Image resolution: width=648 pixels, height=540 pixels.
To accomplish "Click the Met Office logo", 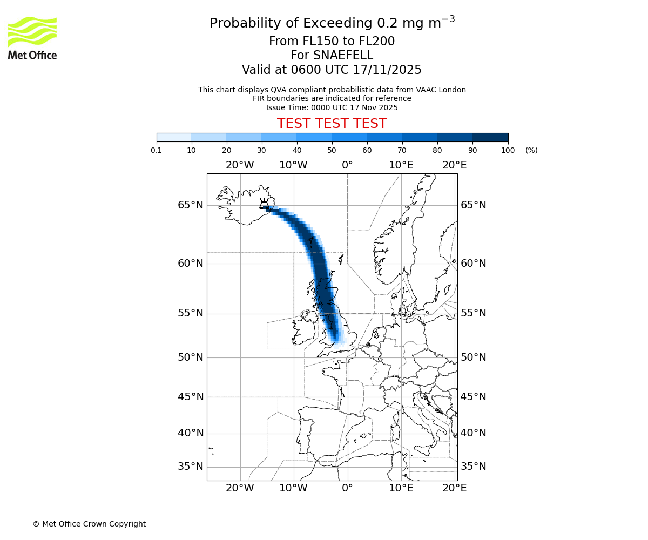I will (32, 38).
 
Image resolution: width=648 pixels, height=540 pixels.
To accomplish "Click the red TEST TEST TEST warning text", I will (332, 124).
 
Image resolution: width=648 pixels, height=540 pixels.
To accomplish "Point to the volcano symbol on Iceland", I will (265, 204).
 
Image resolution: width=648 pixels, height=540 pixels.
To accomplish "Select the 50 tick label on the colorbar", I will (332, 150).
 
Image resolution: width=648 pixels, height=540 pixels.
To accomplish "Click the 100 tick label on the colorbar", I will (508, 150).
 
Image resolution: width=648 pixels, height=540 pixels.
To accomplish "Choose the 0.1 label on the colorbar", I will (157, 150).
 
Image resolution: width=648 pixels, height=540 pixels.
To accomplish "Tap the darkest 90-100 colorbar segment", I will (490, 137).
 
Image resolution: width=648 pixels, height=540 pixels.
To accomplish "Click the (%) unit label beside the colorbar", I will (531, 150).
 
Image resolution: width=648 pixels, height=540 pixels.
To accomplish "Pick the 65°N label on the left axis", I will (191, 205).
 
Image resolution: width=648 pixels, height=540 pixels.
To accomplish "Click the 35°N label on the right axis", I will (473, 467).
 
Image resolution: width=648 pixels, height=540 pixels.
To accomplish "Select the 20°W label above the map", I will (240, 165).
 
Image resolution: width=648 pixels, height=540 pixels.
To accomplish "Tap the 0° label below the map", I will (347, 488).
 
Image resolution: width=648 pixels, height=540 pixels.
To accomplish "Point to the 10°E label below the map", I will (401, 488).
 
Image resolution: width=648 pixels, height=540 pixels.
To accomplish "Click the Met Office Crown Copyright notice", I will (89, 524).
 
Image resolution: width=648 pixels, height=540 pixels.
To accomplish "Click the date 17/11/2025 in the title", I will (387, 70).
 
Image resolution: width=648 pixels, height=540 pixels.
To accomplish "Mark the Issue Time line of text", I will (332, 107).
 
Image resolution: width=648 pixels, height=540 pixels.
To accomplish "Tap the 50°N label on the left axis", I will (191, 357).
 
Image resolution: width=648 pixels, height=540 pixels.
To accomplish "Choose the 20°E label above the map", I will (455, 165).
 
